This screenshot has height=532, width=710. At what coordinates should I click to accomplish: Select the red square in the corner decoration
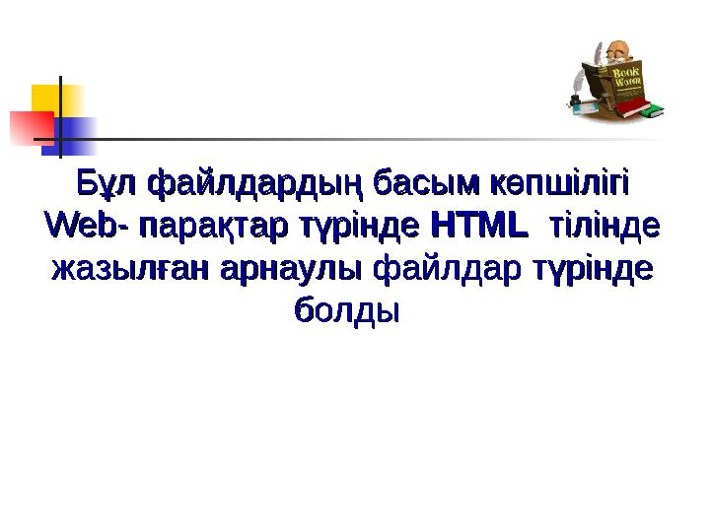pyautogui.click(x=30, y=127)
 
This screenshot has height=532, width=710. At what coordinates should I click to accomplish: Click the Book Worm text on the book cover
pyautogui.click(x=626, y=78)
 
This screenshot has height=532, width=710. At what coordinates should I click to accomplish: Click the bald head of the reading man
pyautogui.click(x=619, y=48)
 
